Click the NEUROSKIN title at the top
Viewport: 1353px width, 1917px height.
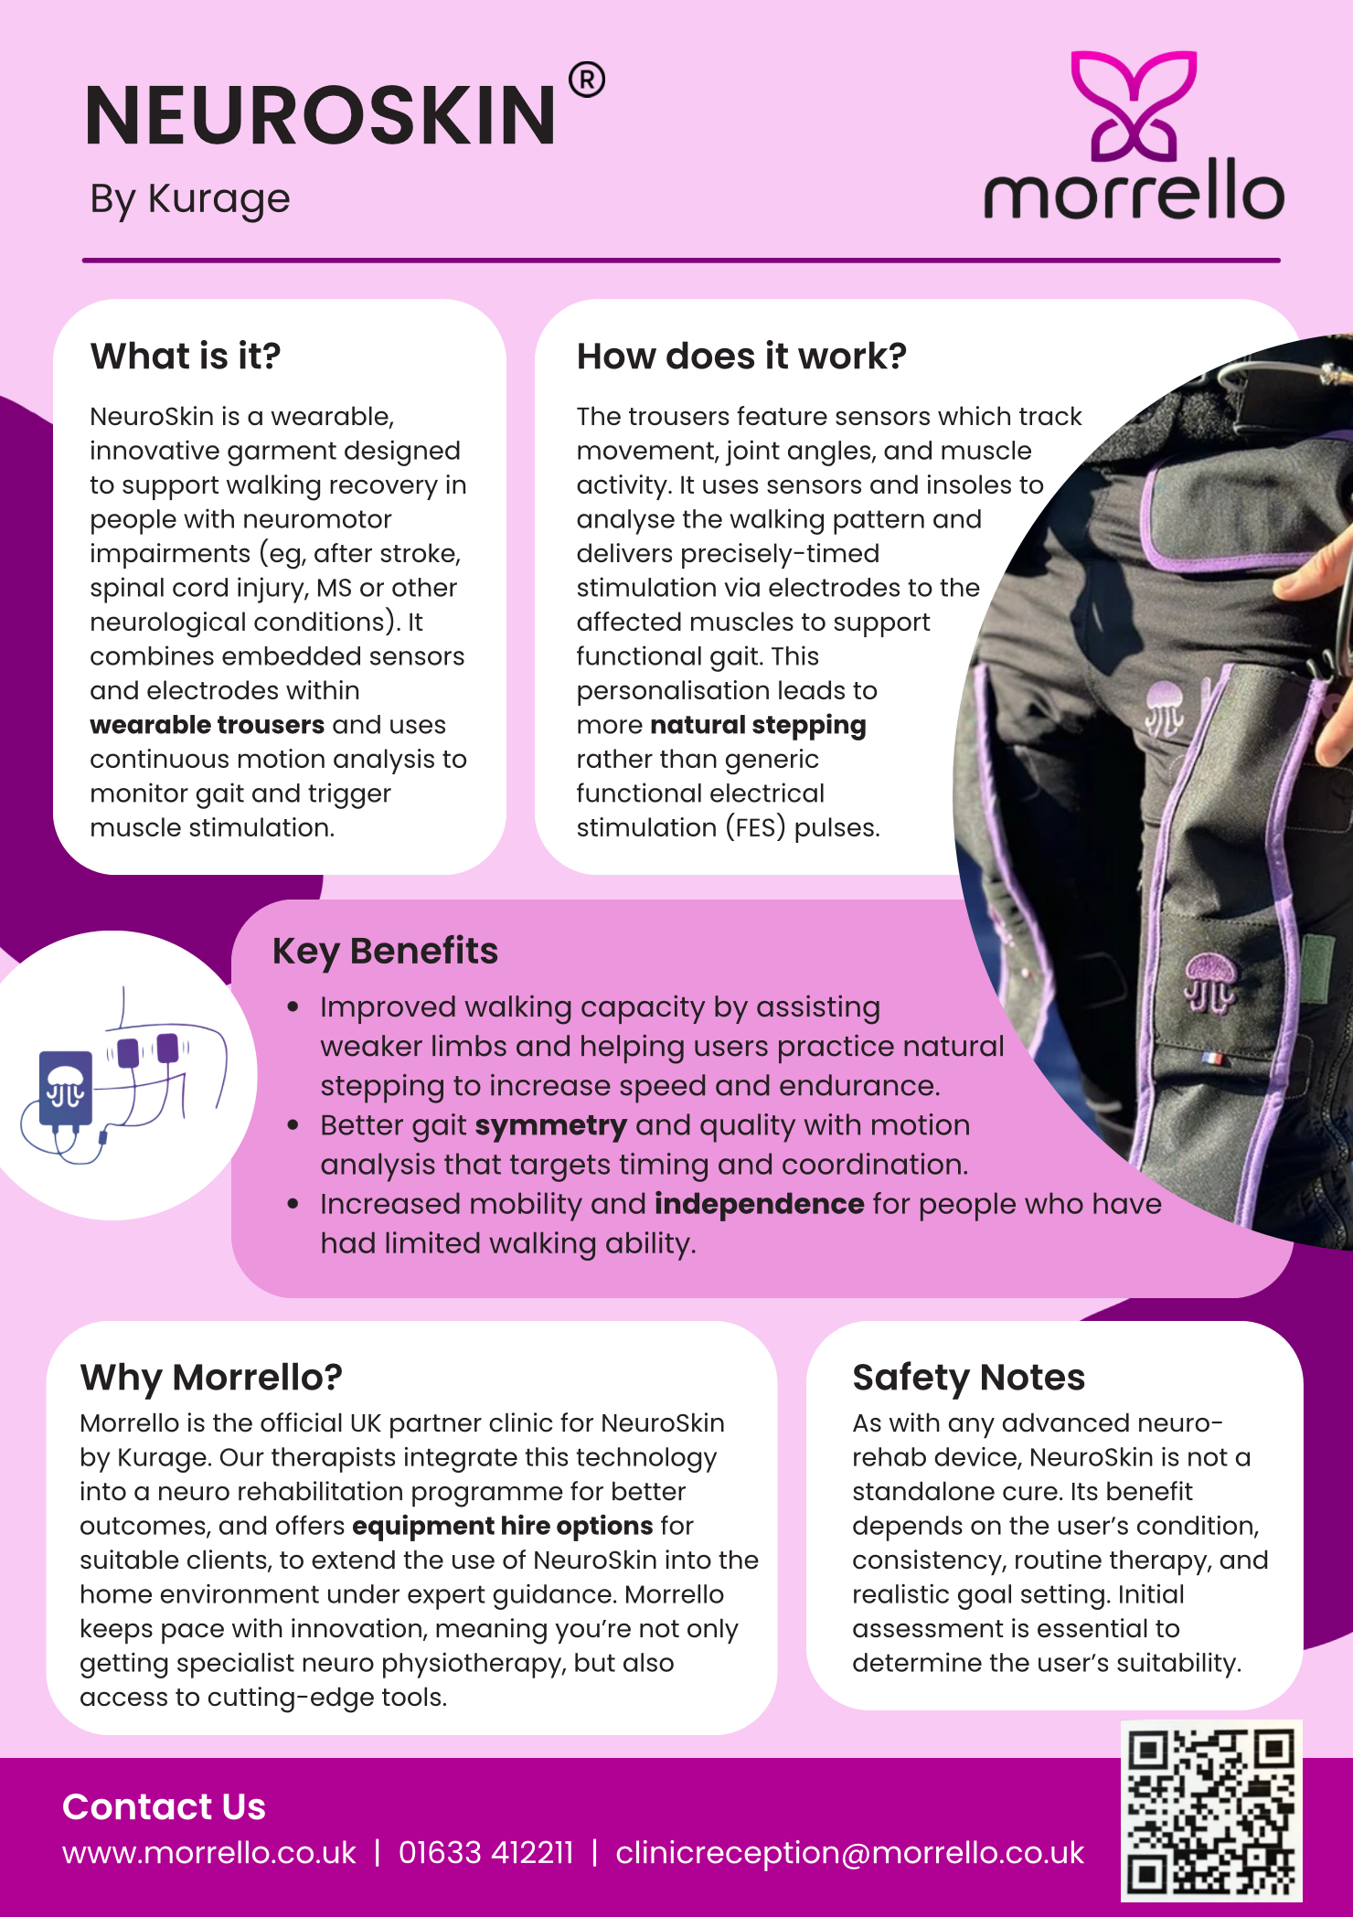[x=320, y=116]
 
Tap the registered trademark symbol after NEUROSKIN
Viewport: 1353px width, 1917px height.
[x=586, y=80]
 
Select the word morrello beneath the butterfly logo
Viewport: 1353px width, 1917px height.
[x=1134, y=190]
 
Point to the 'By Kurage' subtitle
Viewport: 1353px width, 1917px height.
[x=190, y=199]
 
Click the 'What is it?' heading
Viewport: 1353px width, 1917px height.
[x=186, y=357]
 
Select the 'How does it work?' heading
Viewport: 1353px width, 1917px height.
[x=741, y=357]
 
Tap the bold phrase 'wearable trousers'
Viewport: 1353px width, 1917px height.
[x=207, y=725]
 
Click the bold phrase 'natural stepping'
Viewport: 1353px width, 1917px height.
[x=758, y=725]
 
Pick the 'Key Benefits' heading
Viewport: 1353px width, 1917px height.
[x=385, y=952]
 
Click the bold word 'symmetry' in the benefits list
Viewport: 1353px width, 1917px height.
[x=550, y=1125]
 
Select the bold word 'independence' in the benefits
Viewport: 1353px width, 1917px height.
[x=759, y=1204]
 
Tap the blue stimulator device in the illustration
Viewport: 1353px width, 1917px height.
[x=66, y=1088]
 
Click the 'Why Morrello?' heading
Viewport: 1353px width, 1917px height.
[x=211, y=1377]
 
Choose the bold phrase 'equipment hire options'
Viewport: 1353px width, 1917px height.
[x=502, y=1526]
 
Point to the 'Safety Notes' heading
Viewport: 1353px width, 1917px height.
[x=968, y=1377]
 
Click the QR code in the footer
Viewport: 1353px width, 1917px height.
[x=1210, y=1811]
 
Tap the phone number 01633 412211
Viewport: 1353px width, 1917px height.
[x=485, y=1853]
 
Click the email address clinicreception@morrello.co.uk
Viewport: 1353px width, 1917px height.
[x=849, y=1853]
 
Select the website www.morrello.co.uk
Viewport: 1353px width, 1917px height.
[x=209, y=1853]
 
